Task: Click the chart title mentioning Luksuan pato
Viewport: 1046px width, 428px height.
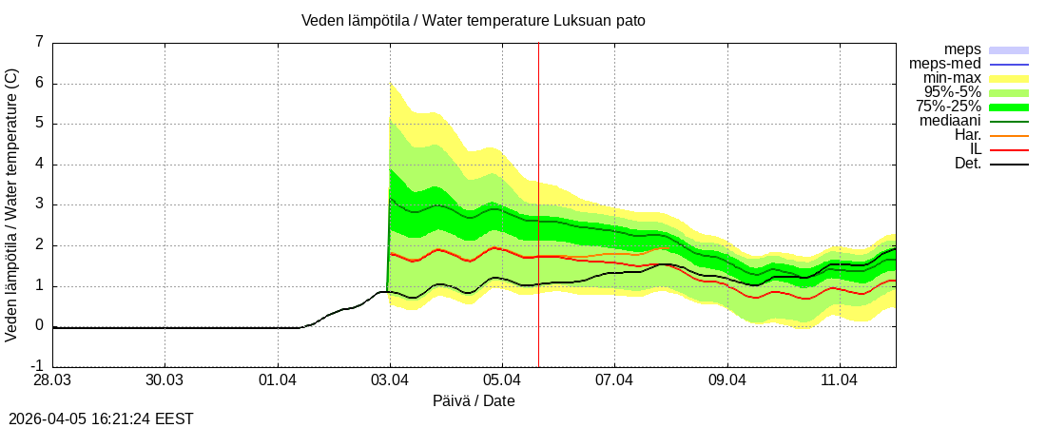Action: tap(473, 20)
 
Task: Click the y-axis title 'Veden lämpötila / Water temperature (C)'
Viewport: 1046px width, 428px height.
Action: tap(12, 204)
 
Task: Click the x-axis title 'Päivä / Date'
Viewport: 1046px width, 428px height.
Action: tap(474, 400)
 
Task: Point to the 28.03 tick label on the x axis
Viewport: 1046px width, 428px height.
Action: tap(52, 380)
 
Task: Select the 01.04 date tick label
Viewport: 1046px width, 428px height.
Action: tap(278, 380)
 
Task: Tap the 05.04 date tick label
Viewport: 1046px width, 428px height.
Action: tap(502, 380)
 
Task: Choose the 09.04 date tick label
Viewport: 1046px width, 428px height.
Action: tap(727, 380)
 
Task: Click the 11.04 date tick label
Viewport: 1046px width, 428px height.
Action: tap(840, 380)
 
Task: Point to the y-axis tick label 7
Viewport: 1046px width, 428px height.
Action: tap(39, 42)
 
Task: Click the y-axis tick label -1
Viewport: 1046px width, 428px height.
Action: tap(37, 366)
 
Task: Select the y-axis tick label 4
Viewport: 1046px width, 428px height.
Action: tap(39, 164)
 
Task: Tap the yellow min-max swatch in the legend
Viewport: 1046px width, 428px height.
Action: tap(1009, 78)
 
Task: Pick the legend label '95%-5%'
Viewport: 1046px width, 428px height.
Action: tap(953, 92)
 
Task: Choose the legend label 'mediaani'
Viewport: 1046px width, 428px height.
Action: tap(950, 121)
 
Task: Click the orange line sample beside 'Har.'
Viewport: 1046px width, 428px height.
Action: tap(1009, 135)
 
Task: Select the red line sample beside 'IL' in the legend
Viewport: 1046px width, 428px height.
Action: tap(1009, 149)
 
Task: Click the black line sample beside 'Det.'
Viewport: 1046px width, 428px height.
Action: tap(1009, 164)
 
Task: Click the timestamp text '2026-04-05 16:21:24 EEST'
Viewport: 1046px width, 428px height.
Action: tap(101, 418)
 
